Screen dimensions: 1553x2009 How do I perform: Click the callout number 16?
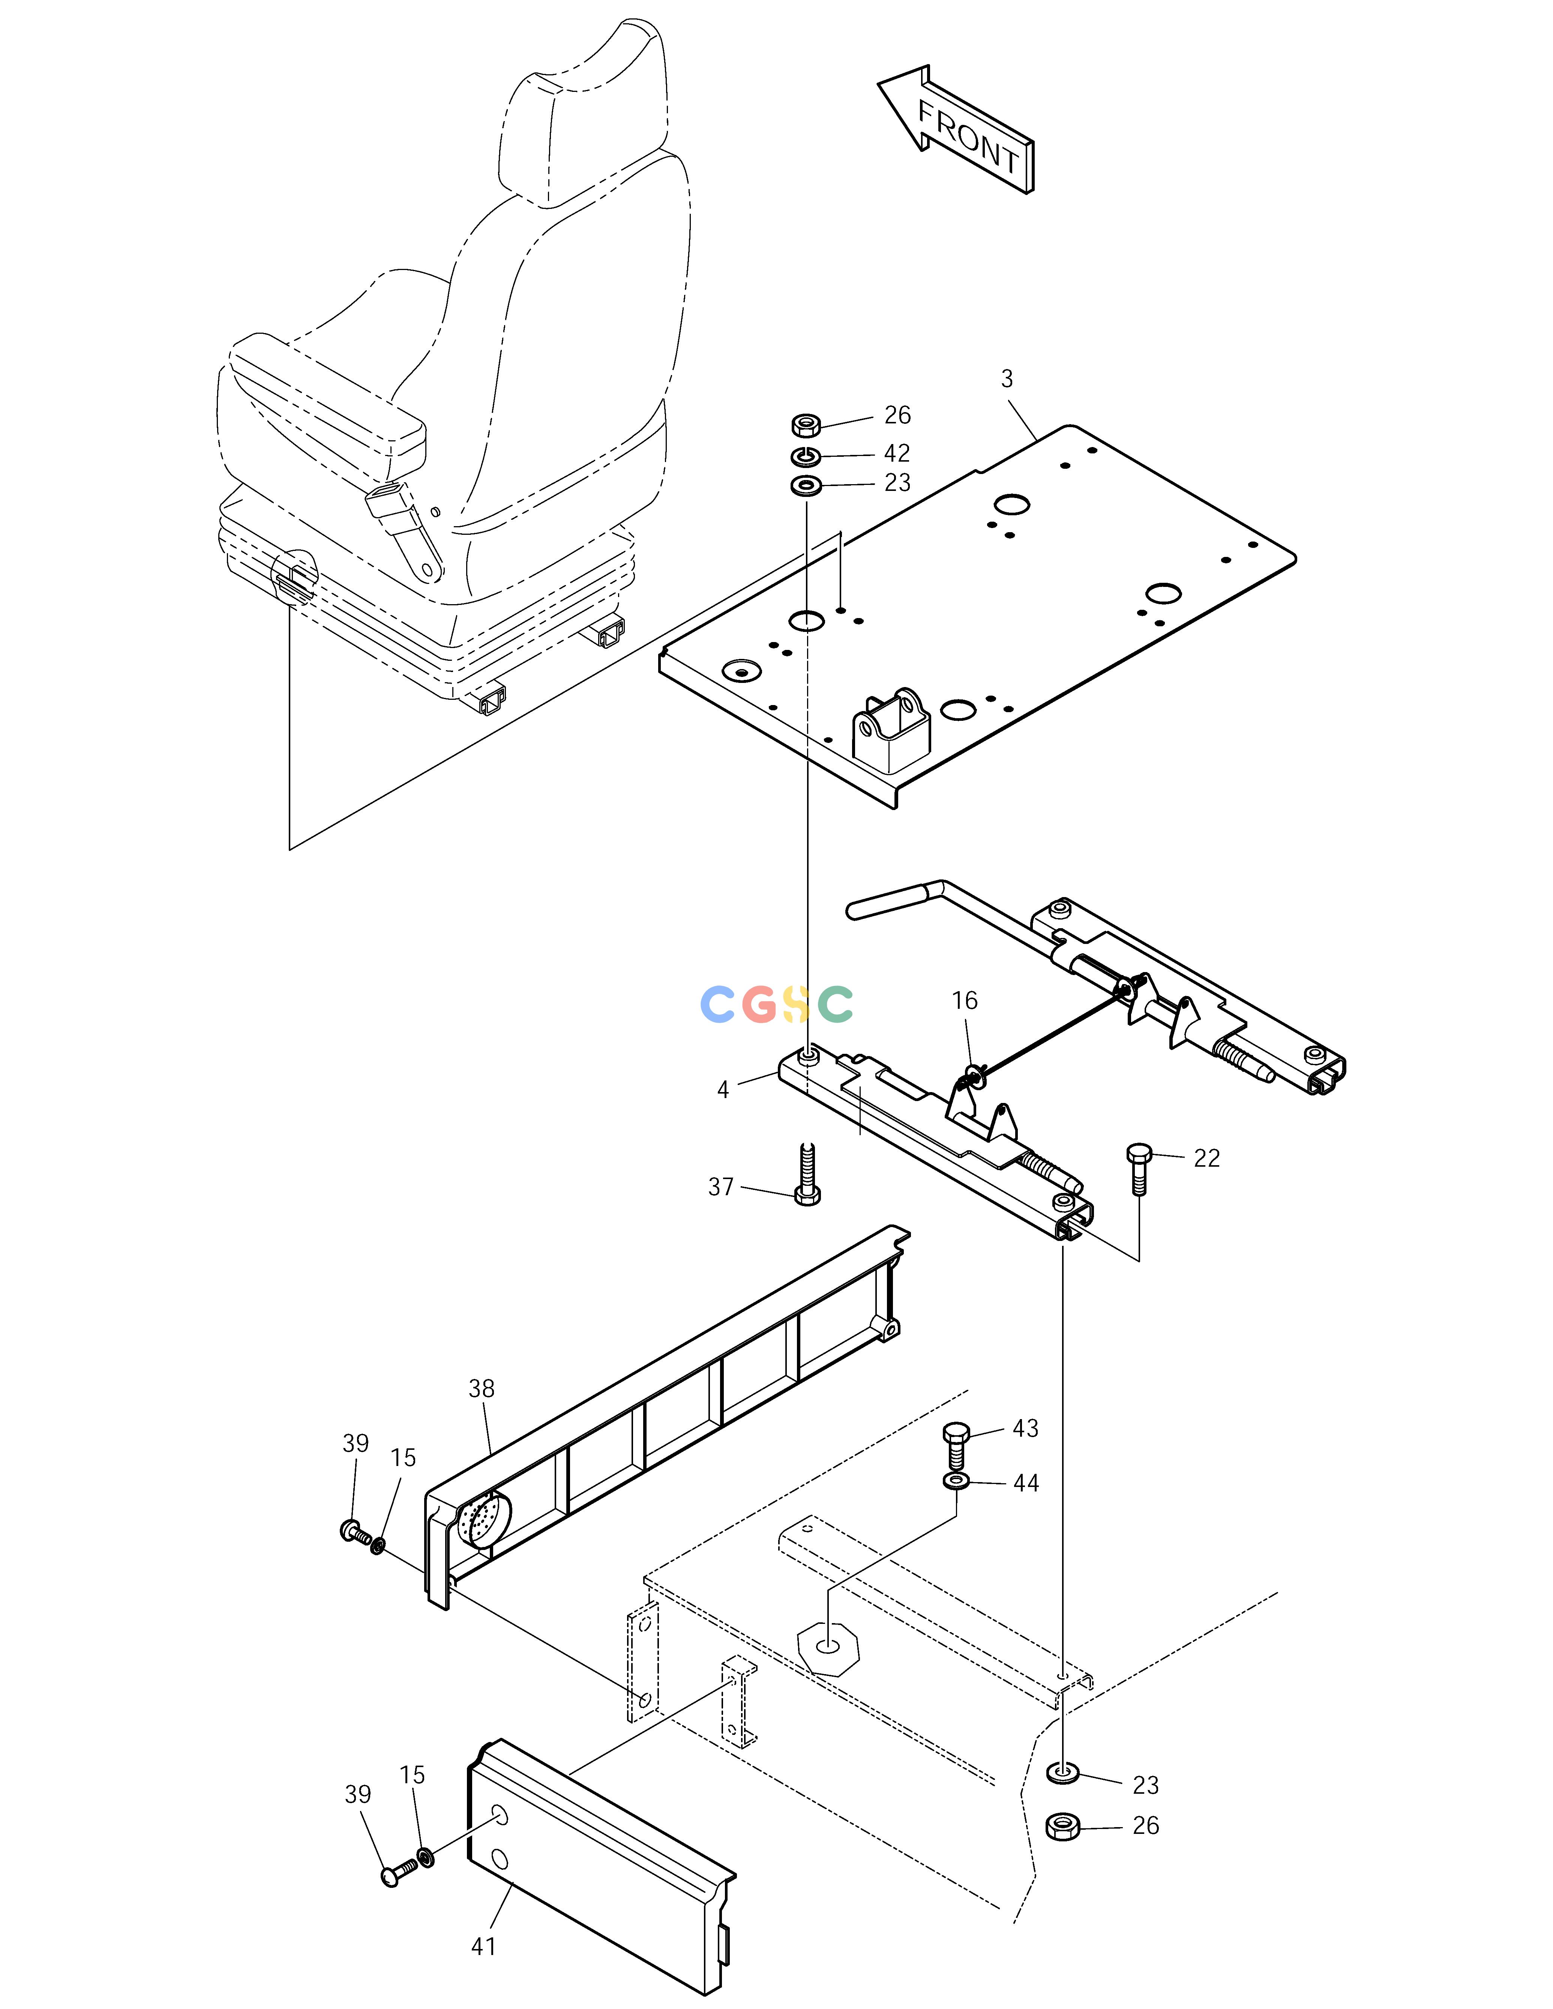pyautogui.click(x=964, y=1001)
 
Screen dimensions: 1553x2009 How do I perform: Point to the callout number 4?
pyautogui.click(x=723, y=1090)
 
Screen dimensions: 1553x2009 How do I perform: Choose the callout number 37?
pyautogui.click(x=721, y=1188)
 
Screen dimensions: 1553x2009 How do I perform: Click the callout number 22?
pyautogui.click(x=1207, y=1159)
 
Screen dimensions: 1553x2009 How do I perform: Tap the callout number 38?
pyautogui.click(x=481, y=1389)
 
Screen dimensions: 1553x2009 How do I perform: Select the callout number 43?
pyautogui.click(x=1026, y=1428)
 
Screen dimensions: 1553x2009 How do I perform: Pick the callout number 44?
pyautogui.click(x=1026, y=1484)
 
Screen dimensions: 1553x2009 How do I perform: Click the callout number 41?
pyautogui.click(x=484, y=1946)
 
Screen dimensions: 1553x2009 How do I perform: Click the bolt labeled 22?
pyautogui.click(x=1139, y=1169)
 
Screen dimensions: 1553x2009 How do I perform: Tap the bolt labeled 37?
pyautogui.click(x=807, y=1174)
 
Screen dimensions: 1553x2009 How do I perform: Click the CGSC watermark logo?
pyautogui.click(x=776, y=1004)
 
